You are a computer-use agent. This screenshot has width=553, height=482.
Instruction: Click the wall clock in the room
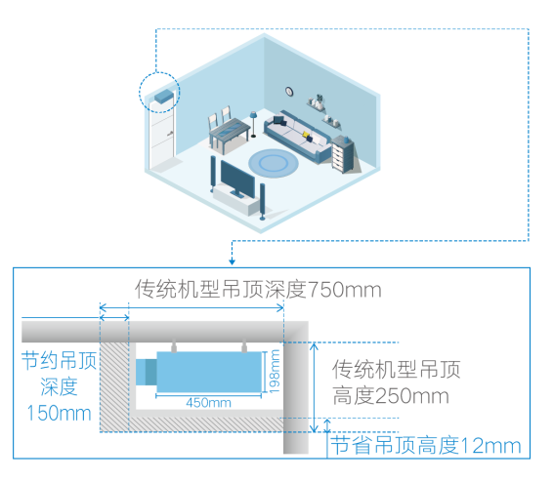[289, 92]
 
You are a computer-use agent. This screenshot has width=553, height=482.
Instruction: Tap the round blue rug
[274, 163]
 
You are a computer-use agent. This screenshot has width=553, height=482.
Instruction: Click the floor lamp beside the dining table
[253, 124]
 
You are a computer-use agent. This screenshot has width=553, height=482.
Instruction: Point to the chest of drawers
[343, 154]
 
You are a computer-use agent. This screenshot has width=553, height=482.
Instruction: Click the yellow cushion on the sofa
[306, 134]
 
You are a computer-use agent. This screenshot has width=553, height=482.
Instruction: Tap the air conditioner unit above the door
[163, 96]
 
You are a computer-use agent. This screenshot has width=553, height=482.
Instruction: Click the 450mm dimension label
[208, 403]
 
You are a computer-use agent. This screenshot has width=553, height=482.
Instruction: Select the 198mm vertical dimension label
[274, 372]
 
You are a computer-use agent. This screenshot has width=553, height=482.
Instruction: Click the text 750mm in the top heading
[345, 290]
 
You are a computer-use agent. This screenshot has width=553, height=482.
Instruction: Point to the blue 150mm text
[59, 413]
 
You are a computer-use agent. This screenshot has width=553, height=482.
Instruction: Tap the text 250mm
[411, 396]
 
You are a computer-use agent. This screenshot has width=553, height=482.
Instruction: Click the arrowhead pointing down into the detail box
[232, 261]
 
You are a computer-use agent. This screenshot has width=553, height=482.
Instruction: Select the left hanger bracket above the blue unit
[174, 346]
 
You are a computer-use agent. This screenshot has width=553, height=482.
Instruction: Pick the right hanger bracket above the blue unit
[244, 346]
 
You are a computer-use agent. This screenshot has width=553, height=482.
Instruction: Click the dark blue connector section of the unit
[151, 372]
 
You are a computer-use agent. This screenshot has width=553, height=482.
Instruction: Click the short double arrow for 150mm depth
[114, 318]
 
